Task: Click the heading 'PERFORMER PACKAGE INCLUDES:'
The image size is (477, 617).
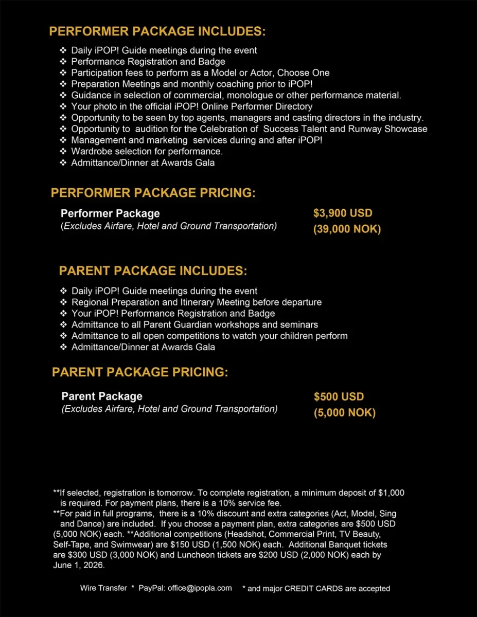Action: click(x=157, y=31)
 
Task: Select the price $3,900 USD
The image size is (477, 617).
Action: click(x=343, y=213)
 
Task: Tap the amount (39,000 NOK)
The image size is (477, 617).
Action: click(x=347, y=229)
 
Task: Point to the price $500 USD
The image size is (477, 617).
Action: click(x=339, y=396)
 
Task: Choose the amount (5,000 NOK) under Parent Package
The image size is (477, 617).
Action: click(x=345, y=412)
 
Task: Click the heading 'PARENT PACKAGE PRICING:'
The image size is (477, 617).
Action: click(x=140, y=372)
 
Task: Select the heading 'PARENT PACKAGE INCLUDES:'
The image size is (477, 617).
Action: click(x=153, y=271)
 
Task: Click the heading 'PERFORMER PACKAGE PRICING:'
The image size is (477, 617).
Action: click(x=153, y=193)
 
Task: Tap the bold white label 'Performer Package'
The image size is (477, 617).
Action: click(x=110, y=213)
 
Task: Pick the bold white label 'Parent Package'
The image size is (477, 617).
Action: click(x=102, y=396)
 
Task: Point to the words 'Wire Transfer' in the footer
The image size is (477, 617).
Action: click(x=103, y=588)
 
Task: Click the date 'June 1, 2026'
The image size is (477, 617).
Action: click(x=78, y=566)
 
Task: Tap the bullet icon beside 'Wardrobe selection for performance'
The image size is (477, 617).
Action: click(x=63, y=152)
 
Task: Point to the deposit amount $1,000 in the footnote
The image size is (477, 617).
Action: click(x=391, y=493)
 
